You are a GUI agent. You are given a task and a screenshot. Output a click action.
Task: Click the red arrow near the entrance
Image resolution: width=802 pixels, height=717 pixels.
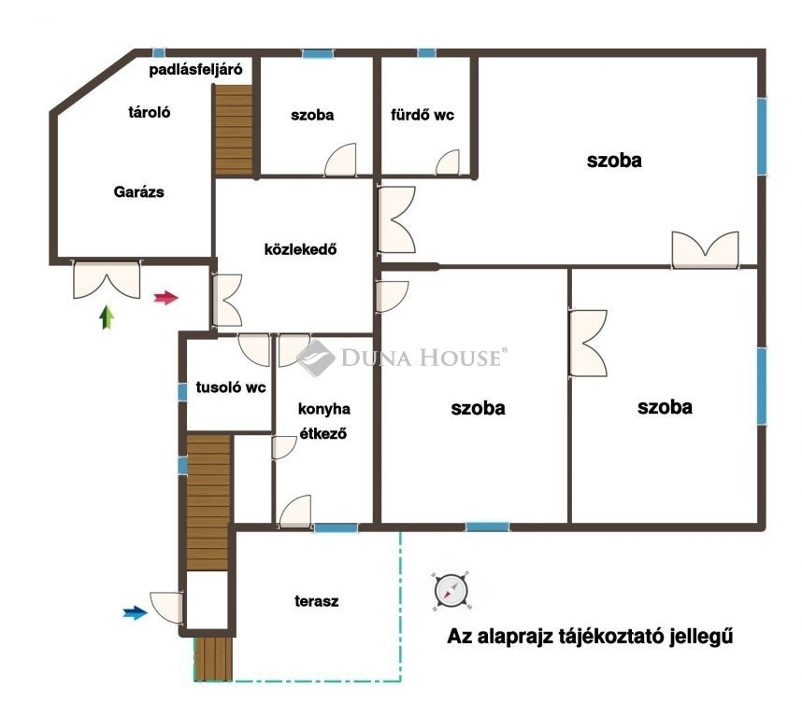pos(166,298)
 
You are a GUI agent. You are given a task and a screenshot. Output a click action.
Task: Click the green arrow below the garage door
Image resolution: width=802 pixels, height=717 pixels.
pos(107,317)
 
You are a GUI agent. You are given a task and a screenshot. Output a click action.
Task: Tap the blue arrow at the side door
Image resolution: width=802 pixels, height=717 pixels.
pos(135,612)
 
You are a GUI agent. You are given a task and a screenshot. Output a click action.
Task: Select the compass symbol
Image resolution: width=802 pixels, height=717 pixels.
pos(451,591)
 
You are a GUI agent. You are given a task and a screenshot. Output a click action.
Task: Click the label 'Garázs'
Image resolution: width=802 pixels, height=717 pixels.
pos(138,192)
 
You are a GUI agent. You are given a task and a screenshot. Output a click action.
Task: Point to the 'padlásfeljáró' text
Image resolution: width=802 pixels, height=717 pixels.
pos(195,69)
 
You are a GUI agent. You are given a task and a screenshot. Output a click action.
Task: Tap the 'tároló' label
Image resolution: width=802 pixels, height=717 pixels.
pos(150,112)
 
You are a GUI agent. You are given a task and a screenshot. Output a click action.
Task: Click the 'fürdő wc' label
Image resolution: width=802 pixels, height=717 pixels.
pos(422,115)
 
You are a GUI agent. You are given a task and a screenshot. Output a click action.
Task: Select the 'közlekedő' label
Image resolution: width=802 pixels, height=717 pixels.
pos(300,249)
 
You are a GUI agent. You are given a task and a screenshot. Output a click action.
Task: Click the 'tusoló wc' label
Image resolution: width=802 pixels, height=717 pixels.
pos(231,387)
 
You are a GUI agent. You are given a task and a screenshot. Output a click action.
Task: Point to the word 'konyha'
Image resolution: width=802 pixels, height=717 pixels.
pos(324,409)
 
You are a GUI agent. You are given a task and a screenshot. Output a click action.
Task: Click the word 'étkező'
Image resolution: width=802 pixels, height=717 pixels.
pos(323,433)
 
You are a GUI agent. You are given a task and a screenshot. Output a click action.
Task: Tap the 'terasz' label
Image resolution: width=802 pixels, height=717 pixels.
pos(317,601)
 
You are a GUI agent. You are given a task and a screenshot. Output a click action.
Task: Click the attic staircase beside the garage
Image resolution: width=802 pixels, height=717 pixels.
pos(234,130)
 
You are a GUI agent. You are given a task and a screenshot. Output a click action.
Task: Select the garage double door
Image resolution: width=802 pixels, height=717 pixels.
pos(107,279)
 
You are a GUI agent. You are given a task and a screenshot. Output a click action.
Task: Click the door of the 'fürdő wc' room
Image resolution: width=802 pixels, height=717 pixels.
pos(448,162)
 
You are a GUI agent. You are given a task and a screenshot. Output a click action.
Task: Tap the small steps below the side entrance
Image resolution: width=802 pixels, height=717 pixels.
pos(213,659)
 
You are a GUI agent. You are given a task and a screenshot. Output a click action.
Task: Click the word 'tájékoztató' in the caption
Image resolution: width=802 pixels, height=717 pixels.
pos(608,637)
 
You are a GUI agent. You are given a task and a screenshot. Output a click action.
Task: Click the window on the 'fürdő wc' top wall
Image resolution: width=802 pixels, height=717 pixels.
pos(426,53)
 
